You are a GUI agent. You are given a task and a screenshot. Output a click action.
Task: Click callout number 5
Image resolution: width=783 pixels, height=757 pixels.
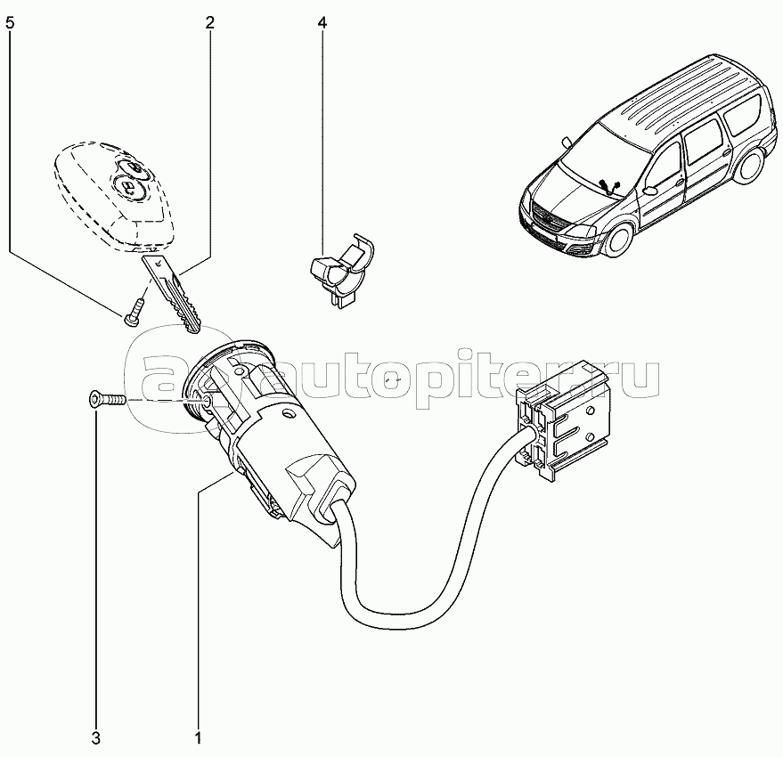click(11, 22)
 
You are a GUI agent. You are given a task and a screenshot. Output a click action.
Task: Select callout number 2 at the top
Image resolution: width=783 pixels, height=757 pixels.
click(209, 22)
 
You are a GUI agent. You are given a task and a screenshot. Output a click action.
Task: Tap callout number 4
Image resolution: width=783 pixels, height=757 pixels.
click(322, 22)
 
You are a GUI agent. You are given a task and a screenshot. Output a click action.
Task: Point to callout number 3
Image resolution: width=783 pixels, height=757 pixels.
click(95, 737)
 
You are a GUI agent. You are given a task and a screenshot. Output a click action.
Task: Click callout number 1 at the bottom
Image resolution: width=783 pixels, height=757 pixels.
click(198, 737)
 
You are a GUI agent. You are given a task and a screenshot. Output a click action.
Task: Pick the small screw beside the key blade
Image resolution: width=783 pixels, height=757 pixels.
click(134, 312)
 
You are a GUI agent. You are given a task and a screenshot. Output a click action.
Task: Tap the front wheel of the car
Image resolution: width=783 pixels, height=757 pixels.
click(619, 235)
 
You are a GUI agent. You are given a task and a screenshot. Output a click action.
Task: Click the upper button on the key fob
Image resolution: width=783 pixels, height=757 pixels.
click(133, 167)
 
